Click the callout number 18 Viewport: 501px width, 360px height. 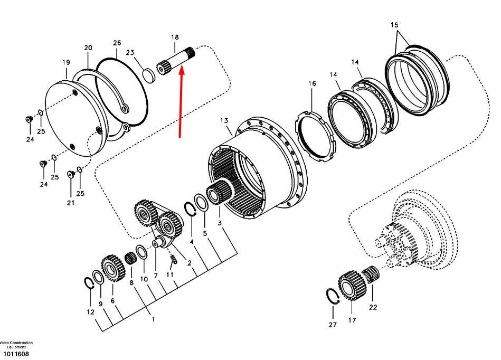[175, 37]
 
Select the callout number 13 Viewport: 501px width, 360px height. [224, 120]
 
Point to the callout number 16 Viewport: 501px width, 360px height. [312, 83]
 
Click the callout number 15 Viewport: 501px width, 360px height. [394, 25]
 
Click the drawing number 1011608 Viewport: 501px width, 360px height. [16, 354]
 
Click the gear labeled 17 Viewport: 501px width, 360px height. [351, 285]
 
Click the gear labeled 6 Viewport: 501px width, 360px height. [112, 268]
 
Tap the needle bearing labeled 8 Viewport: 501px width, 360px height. [129, 258]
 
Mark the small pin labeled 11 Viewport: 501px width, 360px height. [174, 259]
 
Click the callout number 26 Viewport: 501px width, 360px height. [117, 43]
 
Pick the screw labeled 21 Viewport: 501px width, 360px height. [71, 174]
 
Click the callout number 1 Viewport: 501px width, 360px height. [153, 319]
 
